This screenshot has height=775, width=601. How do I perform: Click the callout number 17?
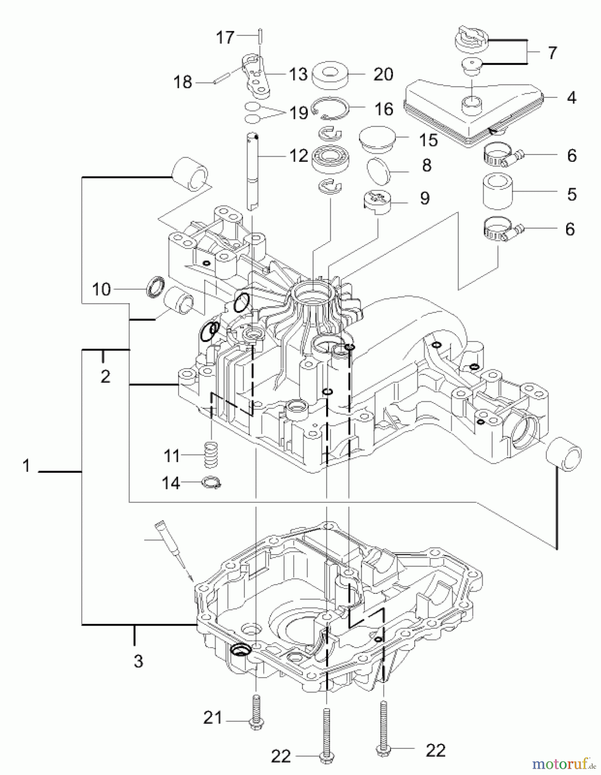point(225,37)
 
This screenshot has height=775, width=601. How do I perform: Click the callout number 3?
point(138,661)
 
